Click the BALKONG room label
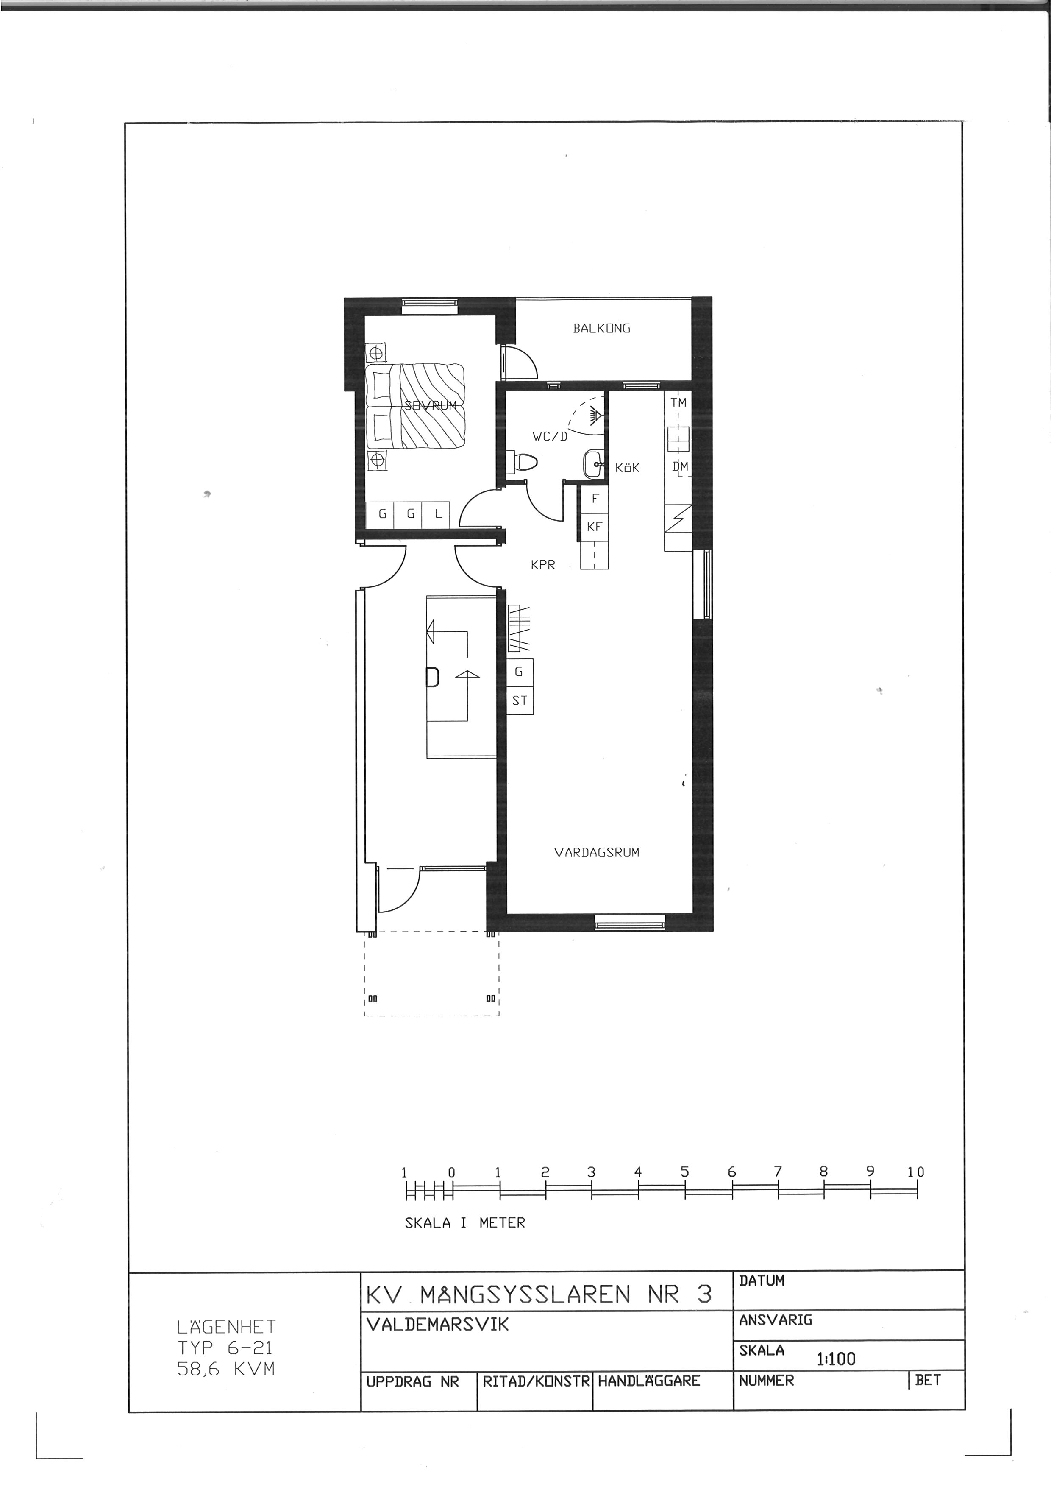point(601,328)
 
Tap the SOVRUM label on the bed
point(431,405)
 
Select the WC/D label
point(550,436)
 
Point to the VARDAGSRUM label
point(597,852)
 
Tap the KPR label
point(542,565)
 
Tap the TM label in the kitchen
point(678,402)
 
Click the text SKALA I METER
point(464,1223)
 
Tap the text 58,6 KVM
point(226,1369)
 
